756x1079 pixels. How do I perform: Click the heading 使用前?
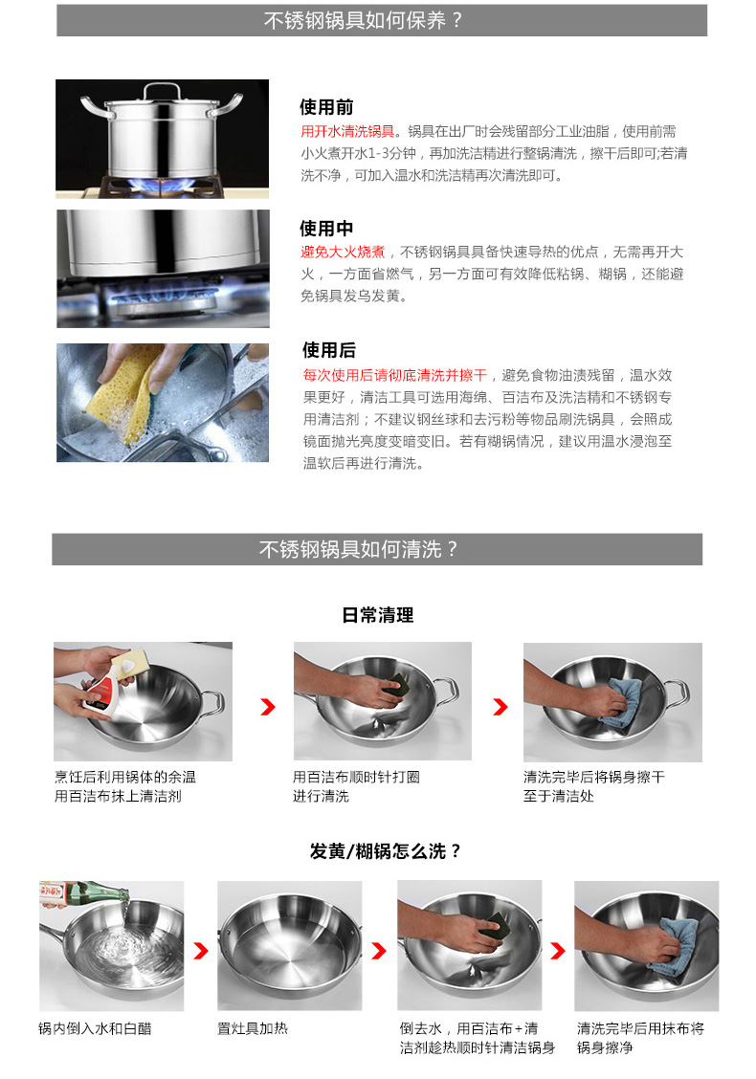click(x=326, y=107)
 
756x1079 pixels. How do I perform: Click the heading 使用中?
click(x=326, y=229)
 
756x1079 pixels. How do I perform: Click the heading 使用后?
click(x=329, y=350)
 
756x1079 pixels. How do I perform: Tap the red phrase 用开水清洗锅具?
click(x=347, y=131)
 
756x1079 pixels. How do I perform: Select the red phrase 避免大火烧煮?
click(x=343, y=253)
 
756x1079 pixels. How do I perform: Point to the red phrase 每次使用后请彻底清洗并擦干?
click(x=395, y=375)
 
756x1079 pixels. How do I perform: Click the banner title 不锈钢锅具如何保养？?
click(x=363, y=21)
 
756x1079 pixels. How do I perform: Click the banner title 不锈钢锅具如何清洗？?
click(x=358, y=549)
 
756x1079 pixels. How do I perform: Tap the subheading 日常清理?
click(x=378, y=615)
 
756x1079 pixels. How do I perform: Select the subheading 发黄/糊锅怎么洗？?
click(x=385, y=852)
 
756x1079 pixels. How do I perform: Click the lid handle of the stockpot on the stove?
click(x=163, y=90)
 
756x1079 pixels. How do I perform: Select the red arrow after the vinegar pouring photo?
click(x=200, y=951)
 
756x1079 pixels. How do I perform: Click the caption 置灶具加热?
click(x=252, y=1028)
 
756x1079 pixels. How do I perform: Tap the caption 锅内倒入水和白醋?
click(x=95, y=1028)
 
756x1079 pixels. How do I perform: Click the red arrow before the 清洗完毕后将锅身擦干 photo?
click(x=500, y=707)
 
